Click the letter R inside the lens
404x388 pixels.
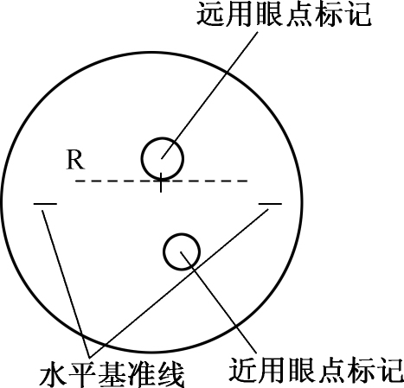click(x=75, y=160)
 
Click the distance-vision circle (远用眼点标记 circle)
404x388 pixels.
click(x=142, y=158)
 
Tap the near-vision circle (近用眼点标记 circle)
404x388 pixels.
click(x=164, y=251)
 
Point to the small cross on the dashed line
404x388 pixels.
click(x=161, y=181)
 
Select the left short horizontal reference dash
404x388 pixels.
click(x=45, y=204)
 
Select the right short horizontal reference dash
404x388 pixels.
click(x=270, y=204)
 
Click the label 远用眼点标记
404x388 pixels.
click(x=284, y=14)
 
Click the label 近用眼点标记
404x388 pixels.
click(x=317, y=370)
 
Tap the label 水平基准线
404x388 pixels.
click(x=112, y=375)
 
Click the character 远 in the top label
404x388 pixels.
click(x=211, y=14)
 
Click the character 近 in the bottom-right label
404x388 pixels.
click(x=243, y=370)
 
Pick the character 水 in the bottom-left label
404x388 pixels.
click(x=54, y=375)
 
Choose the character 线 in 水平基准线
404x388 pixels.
click(x=170, y=375)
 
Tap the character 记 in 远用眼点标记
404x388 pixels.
click(x=357, y=14)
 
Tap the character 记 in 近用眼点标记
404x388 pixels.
click(x=390, y=370)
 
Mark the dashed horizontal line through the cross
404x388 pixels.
click(x=162, y=181)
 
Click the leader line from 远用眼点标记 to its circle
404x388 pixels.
click(x=209, y=95)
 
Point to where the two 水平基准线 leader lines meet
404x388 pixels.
click(x=90, y=356)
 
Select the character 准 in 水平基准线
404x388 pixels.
click(x=141, y=375)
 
